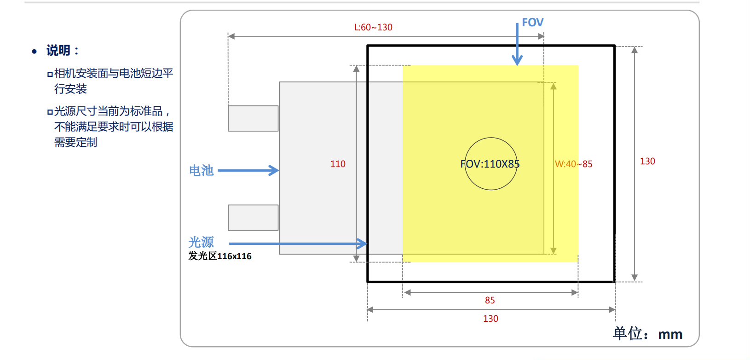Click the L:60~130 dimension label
[x=373, y=27]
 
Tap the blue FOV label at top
[x=533, y=23]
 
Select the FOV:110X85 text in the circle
[x=490, y=164]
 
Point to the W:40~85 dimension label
[x=574, y=164]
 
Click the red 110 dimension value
[x=338, y=164]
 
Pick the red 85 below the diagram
[x=490, y=300]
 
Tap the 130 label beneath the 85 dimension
[x=490, y=319]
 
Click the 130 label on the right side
[x=647, y=162]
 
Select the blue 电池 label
[x=201, y=170]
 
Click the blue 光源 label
[x=201, y=242]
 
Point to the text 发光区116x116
[x=219, y=256]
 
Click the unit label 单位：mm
[x=647, y=334]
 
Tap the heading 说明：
[x=63, y=51]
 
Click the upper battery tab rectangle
[x=253, y=119]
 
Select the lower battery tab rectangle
[x=253, y=218]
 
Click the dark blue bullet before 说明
[x=34, y=51]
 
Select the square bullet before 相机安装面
[x=50, y=74]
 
